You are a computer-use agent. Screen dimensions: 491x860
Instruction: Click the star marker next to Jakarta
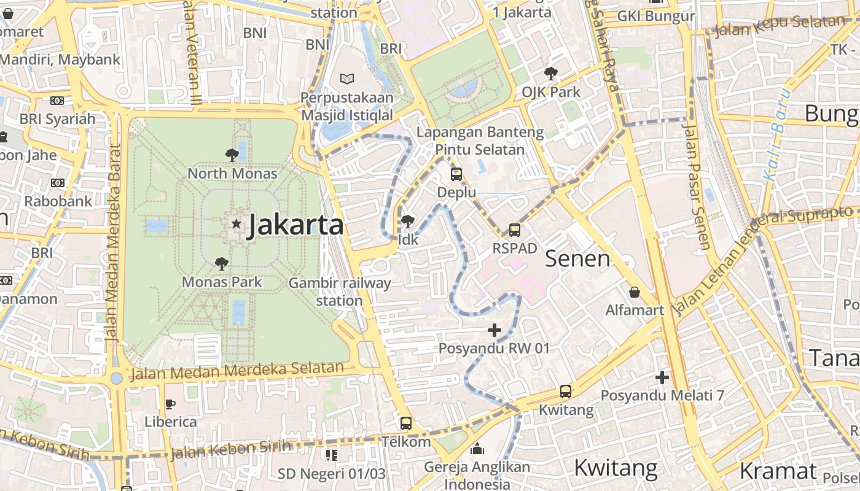(x=237, y=224)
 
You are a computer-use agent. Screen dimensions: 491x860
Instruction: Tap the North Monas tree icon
(x=232, y=155)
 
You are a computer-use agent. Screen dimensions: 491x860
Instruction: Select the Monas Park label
(x=222, y=282)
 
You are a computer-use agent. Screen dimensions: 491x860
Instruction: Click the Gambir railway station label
(x=339, y=292)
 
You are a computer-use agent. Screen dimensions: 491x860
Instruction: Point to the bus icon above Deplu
(x=456, y=174)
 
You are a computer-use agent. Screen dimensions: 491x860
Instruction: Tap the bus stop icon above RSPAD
(x=515, y=230)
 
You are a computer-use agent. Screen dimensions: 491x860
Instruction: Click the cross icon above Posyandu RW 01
(x=495, y=331)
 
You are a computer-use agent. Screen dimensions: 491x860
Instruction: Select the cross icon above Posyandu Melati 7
(x=662, y=377)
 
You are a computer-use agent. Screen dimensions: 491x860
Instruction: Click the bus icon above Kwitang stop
(x=566, y=391)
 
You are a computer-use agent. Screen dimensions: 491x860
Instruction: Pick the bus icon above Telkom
(x=406, y=423)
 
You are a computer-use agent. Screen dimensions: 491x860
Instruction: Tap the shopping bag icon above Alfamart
(x=635, y=292)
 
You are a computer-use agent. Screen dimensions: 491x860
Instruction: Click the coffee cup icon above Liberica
(x=170, y=404)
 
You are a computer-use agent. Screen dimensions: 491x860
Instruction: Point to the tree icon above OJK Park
(x=551, y=74)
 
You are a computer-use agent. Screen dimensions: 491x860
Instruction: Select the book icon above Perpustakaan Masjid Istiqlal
(x=347, y=79)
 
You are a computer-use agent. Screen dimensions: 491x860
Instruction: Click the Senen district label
(x=577, y=258)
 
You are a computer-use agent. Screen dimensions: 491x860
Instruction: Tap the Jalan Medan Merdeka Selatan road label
(x=237, y=371)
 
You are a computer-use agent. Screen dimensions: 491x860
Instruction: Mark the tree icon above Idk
(x=407, y=222)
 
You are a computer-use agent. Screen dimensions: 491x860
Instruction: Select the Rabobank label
(x=58, y=201)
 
